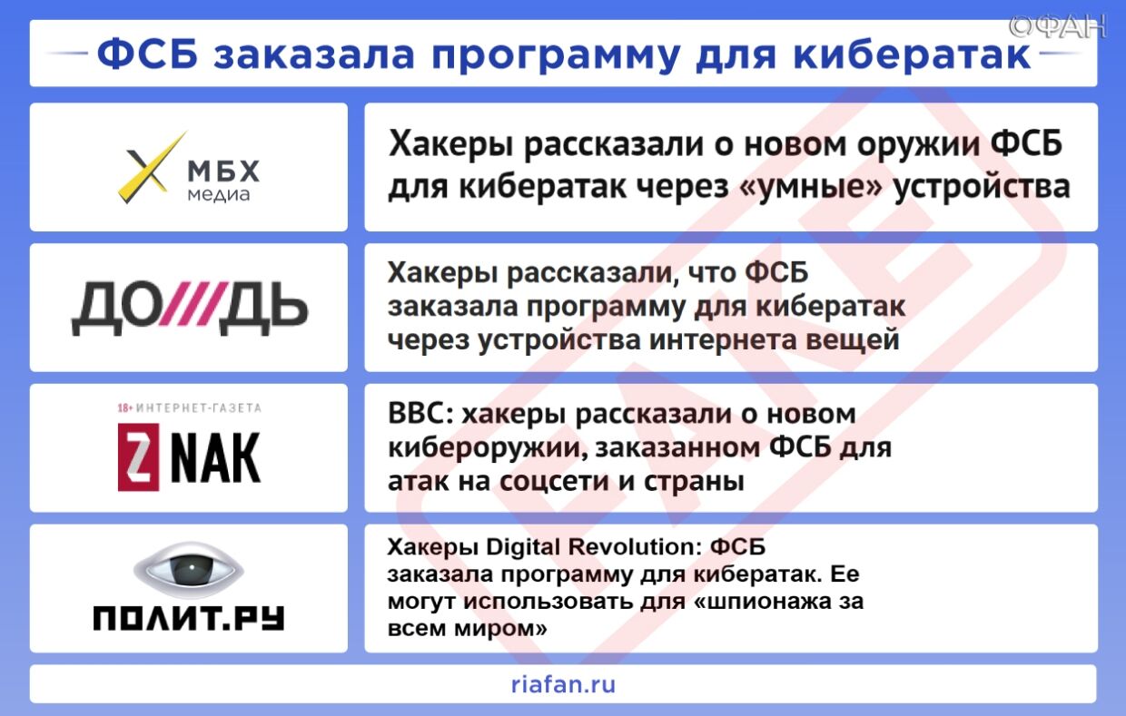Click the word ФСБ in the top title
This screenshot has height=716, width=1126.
pyautogui.click(x=149, y=54)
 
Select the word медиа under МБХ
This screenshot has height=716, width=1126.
pyautogui.click(x=218, y=194)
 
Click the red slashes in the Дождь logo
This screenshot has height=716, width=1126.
pyautogui.click(x=191, y=307)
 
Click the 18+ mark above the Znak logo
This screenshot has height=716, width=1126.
pyautogui.click(x=125, y=407)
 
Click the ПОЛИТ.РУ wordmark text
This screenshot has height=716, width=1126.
pyautogui.click(x=189, y=617)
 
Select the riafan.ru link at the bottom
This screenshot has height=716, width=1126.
pyautogui.click(x=563, y=684)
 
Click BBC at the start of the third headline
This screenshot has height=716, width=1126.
pyautogui.click(x=420, y=414)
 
